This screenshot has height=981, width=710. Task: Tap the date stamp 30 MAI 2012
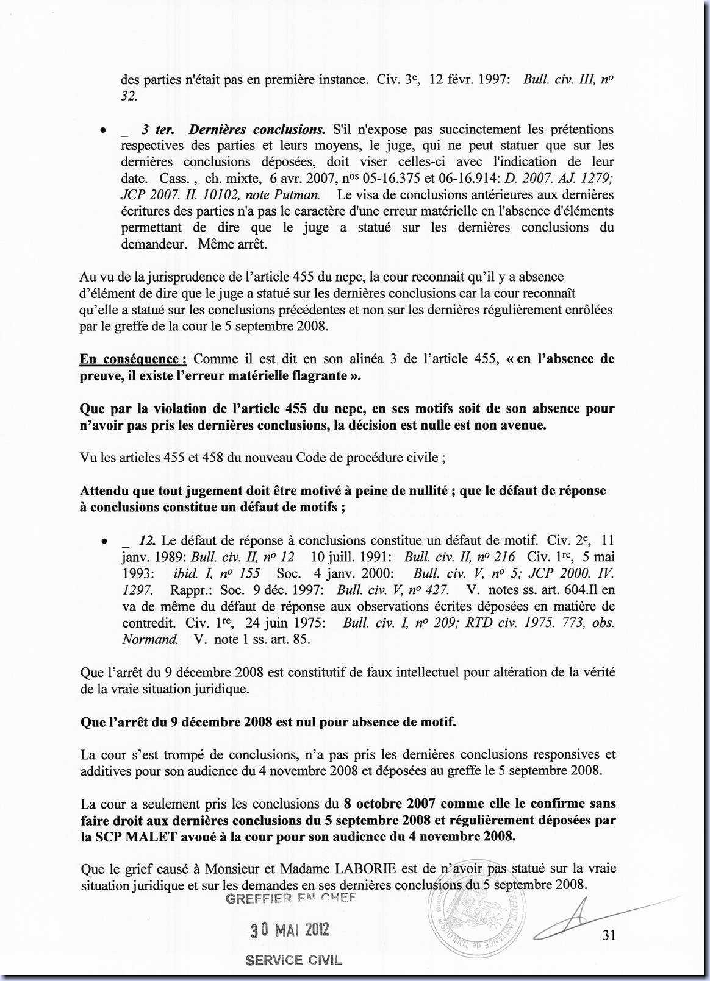click(290, 930)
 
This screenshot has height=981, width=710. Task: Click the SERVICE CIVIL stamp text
click(293, 960)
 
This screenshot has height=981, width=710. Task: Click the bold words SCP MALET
click(129, 837)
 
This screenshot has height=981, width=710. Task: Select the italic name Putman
click(299, 195)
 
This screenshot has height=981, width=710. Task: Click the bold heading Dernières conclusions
click(257, 129)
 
